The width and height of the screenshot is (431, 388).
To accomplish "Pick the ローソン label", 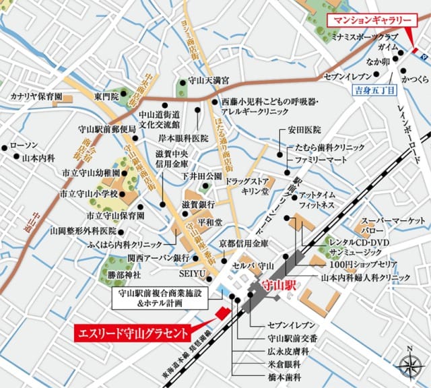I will [x=29, y=146].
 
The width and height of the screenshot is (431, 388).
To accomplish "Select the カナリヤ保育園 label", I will [x=36, y=97].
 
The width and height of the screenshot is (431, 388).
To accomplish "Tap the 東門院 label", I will [x=106, y=97].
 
